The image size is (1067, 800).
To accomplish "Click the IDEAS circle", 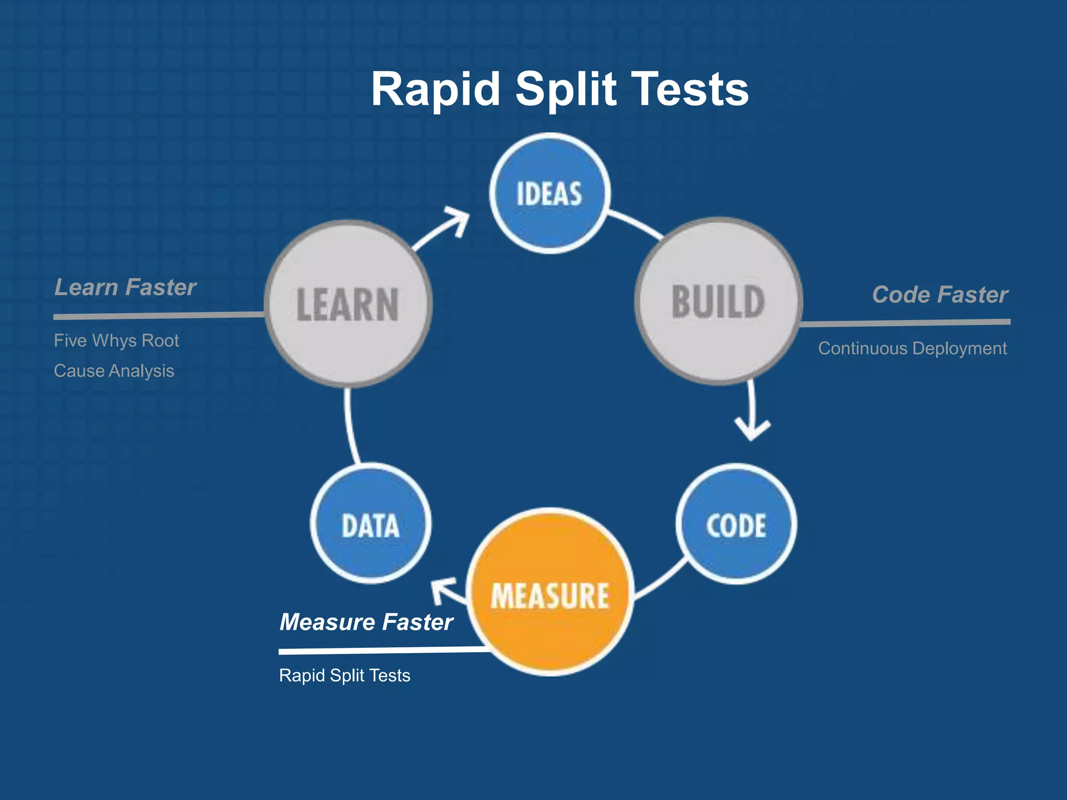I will [550, 193].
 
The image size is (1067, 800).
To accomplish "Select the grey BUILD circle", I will [718, 302].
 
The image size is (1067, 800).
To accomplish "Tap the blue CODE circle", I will [736, 524].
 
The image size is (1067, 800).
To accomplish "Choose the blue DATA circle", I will [370, 523].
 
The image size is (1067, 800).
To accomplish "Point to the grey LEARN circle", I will [348, 304].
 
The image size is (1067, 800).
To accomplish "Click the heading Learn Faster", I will [125, 287].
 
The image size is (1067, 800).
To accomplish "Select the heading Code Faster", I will [940, 294].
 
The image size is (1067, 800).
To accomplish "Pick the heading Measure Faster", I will [366, 621].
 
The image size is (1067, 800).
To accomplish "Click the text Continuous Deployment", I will [912, 348].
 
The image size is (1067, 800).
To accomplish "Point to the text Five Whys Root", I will [116, 340].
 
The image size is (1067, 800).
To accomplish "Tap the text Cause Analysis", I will [114, 370].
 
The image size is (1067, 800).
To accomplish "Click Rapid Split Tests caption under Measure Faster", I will [344, 675].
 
